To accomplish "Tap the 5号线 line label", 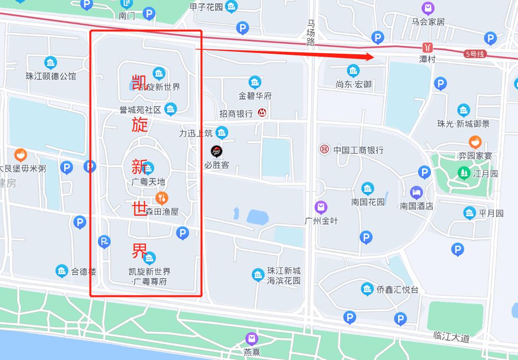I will tap(474, 54).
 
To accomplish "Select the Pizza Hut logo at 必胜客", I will tap(216, 151).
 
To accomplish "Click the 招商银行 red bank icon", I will tap(262, 113).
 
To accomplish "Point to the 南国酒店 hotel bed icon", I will tap(416, 192).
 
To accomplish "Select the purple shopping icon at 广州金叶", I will tap(321, 207).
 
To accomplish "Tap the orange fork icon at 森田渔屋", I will tap(162, 198).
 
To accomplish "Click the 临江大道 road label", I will tap(451, 337).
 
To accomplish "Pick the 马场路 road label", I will tap(311, 32).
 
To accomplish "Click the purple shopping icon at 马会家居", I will tap(428, 8).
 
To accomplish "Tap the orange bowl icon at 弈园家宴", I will tap(475, 142).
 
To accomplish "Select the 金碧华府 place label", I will tap(255, 95).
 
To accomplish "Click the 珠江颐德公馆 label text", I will tap(51, 76).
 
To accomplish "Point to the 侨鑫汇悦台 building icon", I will tap(368, 290).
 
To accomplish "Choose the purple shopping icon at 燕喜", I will tap(252, 338).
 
